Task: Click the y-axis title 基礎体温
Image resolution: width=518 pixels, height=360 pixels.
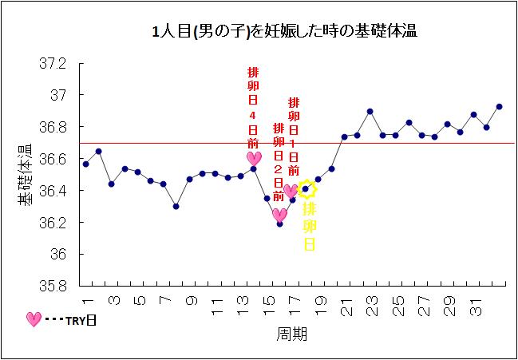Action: (x=25, y=174)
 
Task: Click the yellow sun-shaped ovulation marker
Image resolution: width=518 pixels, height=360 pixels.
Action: (x=307, y=189)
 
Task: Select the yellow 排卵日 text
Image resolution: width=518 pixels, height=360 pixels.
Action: (x=309, y=227)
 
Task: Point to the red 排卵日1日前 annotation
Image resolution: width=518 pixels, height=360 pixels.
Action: (x=294, y=136)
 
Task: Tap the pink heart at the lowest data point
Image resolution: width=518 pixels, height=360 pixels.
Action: (x=279, y=214)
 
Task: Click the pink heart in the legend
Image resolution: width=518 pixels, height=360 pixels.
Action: (x=33, y=319)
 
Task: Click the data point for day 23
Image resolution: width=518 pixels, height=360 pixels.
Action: (x=370, y=111)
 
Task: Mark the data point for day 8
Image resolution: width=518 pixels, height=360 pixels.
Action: (x=176, y=206)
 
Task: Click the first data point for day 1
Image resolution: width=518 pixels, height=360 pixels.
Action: (x=85, y=164)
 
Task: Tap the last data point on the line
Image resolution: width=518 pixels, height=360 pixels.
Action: (x=500, y=106)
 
